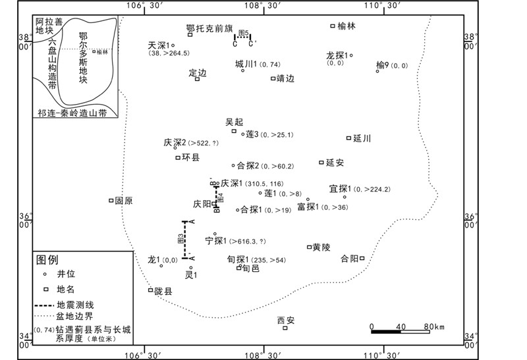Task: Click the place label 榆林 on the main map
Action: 346,26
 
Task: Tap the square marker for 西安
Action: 285,328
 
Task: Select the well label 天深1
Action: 160,45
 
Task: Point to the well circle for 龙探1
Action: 352,55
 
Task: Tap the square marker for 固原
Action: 111,201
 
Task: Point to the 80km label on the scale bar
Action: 435,326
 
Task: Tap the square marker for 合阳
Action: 362,259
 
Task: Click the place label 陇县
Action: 163,290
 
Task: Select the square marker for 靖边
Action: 273,78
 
